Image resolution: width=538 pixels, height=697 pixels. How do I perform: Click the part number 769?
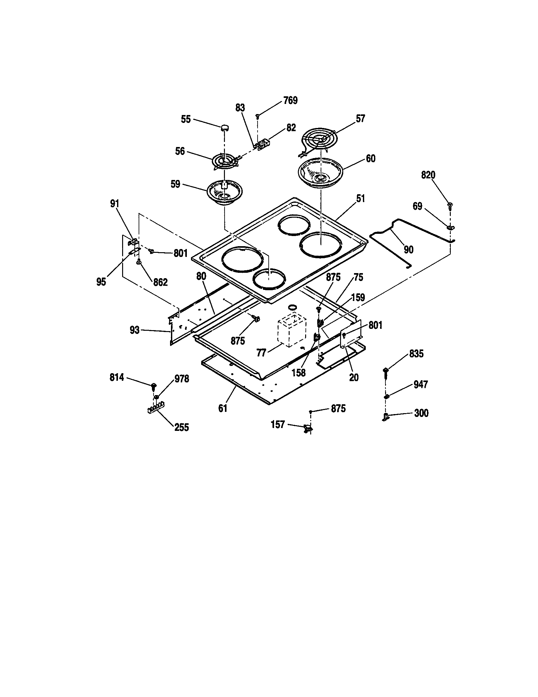coord(290,100)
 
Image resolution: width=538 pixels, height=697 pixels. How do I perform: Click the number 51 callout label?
coord(360,199)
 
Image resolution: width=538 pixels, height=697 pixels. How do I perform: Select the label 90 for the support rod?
coord(409,250)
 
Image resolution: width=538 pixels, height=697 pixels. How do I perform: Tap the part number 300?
coord(421,413)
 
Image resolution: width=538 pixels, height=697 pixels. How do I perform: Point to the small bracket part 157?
coord(308,429)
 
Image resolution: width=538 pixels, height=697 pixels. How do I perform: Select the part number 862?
coord(160,282)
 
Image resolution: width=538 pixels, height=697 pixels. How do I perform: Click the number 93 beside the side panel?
coord(134,330)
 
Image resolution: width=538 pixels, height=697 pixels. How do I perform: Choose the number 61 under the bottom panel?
coord(223,408)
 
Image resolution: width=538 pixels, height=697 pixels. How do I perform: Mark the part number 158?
coord(299,373)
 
